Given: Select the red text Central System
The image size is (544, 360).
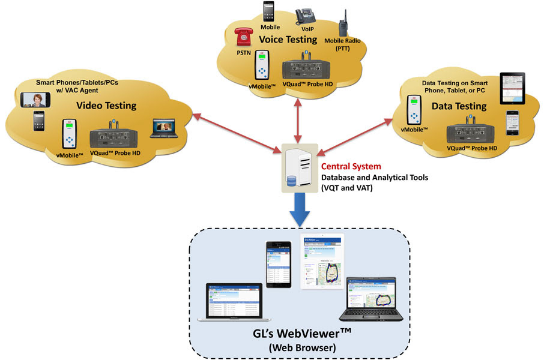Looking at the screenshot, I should (x=351, y=166).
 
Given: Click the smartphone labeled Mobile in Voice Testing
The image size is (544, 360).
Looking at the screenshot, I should (x=268, y=12).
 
